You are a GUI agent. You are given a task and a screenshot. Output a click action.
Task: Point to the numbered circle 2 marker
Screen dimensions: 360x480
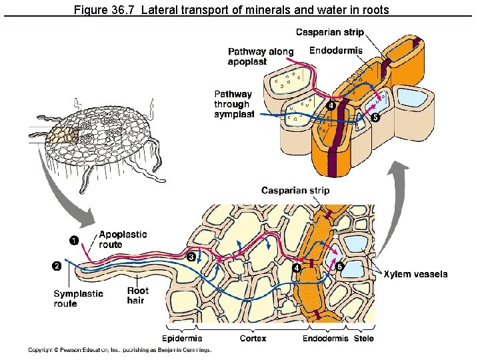point(57,266)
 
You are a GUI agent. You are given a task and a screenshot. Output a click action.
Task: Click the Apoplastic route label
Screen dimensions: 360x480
point(123,239)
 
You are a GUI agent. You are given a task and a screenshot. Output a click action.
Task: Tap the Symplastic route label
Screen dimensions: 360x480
point(78,299)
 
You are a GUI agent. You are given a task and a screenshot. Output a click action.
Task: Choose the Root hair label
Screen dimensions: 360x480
point(138,295)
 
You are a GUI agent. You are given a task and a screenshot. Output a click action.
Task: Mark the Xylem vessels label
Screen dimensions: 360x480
point(415,274)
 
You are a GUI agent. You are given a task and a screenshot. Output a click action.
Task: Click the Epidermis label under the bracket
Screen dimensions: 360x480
point(181,339)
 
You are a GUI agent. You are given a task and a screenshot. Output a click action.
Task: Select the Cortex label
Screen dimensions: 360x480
point(253,339)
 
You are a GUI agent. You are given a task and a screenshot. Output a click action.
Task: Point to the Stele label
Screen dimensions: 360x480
point(363,339)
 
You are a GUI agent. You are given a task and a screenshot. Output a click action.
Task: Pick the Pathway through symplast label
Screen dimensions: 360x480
point(234,104)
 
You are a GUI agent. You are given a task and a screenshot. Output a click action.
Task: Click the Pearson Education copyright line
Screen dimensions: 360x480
point(120,350)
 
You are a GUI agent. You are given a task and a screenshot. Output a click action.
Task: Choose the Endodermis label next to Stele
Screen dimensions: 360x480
point(325,339)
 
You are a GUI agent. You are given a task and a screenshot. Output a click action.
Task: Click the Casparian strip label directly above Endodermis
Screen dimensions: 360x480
point(329,32)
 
